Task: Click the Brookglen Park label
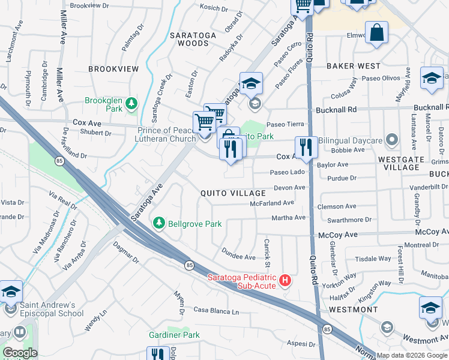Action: tap(104, 104)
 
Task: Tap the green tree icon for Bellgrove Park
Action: tap(159, 223)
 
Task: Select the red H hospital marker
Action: tap(286, 280)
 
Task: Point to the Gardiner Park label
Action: tap(174, 334)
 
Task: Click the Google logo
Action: tap(19, 352)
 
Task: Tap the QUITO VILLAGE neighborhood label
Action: tap(233, 193)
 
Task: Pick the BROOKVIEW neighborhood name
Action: tap(113, 69)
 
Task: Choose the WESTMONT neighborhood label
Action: tap(353, 309)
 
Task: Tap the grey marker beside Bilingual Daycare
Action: tap(392, 140)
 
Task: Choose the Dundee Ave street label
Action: tap(238, 253)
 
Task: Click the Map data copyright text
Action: tap(411, 355)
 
